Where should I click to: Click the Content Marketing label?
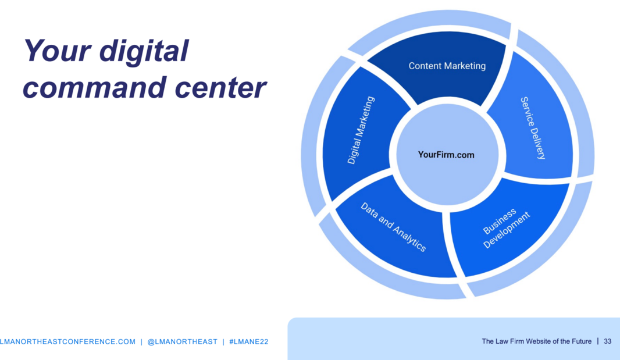(447, 66)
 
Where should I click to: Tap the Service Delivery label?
(533, 128)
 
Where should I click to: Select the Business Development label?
(506, 228)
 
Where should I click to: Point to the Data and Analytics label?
(393, 227)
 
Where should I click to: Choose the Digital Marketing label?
(361, 130)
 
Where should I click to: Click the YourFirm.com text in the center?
(446, 155)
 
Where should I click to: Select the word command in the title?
(94, 87)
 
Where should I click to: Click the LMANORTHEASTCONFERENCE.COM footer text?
(67, 342)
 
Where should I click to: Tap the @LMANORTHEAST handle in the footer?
(182, 342)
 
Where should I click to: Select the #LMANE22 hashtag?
(249, 342)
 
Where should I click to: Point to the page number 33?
(607, 341)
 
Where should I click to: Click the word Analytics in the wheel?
(410, 240)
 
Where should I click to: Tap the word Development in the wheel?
(507, 231)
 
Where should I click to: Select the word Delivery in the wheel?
(538, 142)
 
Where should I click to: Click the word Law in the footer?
(501, 341)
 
